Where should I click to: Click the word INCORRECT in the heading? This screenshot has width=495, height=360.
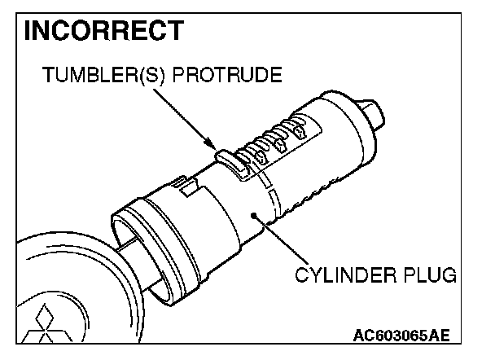click(x=104, y=30)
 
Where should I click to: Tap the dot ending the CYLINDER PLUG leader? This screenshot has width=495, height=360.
click(x=255, y=215)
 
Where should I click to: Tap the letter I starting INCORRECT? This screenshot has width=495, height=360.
click(x=29, y=30)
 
